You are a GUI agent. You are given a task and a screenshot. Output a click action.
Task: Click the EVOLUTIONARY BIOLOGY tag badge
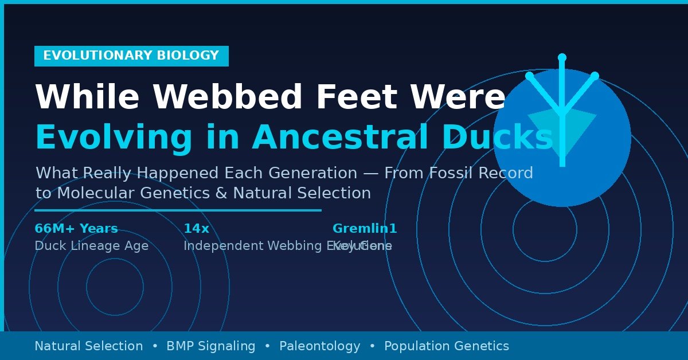point(131,56)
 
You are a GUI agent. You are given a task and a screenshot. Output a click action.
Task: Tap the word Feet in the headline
point(355,97)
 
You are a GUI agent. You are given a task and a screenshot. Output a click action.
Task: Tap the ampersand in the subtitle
point(222,193)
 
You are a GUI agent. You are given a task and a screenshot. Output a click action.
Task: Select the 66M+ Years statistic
point(76,229)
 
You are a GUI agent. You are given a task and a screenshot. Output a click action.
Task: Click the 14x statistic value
point(196,229)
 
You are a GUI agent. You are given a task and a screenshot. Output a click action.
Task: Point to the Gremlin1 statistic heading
point(365,229)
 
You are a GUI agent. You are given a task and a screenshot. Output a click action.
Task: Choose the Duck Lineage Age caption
point(91,246)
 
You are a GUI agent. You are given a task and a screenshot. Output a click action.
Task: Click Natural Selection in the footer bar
point(89,346)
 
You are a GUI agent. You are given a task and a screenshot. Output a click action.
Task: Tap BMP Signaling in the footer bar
point(211,346)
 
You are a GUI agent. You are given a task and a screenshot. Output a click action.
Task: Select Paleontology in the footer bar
point(320,346)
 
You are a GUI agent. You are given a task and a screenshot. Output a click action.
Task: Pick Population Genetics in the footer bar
point(447,346)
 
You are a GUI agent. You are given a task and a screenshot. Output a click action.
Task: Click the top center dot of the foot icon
point(562,57)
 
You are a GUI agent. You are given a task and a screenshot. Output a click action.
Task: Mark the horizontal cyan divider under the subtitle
point(178,210)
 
